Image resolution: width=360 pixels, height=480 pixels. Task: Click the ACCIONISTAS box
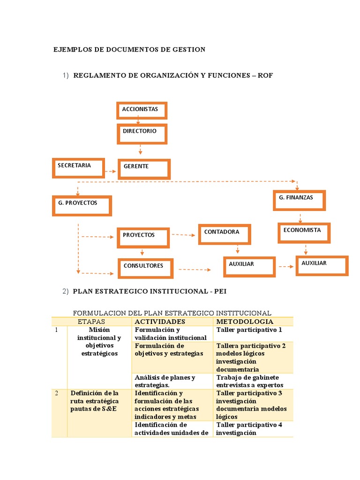pos(142,110)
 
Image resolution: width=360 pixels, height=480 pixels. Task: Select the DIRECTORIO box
pos(143,134)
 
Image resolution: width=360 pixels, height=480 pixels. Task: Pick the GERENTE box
pos(144,169)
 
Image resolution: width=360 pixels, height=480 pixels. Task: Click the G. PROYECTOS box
pos(82,205)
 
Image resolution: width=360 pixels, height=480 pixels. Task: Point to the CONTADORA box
pos(225,234)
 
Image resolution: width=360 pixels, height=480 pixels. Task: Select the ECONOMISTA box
pos(304,232)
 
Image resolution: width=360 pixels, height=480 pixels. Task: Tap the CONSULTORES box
pos(145,268)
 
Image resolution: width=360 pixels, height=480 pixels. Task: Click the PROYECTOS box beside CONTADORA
pos(142,237)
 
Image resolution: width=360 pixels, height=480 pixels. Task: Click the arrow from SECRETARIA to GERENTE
pos(111,172)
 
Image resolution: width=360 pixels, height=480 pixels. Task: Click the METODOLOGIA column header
pos(244,322)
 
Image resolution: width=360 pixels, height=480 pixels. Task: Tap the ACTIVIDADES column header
pos(160,322)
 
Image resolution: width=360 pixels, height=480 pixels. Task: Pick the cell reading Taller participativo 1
pos(249,330)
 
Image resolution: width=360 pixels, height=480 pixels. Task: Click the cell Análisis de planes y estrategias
pos(165,381)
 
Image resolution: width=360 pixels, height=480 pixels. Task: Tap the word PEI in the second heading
pos(220,291)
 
